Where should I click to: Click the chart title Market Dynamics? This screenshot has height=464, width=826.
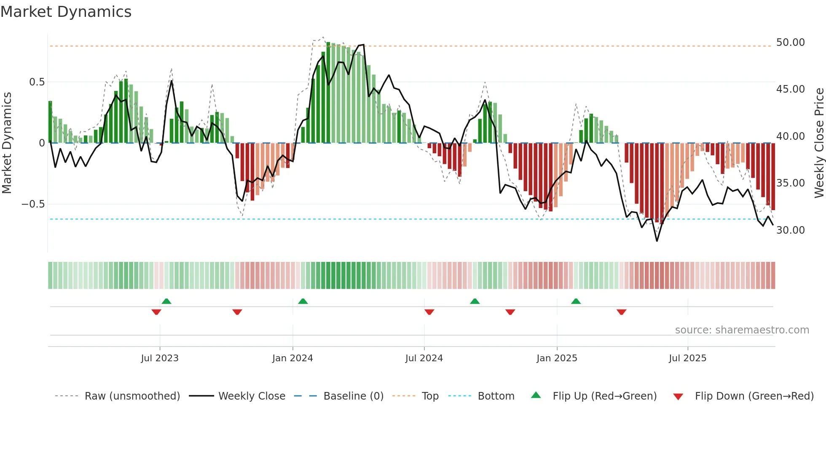click(66, 12)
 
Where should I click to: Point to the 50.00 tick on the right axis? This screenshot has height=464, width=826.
click(790, 43)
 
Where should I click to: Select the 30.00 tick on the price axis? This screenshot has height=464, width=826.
click(790, 230)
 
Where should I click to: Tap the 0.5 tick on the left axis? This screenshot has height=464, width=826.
click(37, 82)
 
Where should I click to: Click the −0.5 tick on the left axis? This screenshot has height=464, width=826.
click(33, 204)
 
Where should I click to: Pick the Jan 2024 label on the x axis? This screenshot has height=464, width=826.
click(292, 358)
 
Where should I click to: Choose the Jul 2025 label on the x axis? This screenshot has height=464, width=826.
click(687, 358)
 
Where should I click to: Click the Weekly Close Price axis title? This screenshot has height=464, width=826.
click(819, 143)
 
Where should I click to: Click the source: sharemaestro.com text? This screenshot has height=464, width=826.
click(742, 330)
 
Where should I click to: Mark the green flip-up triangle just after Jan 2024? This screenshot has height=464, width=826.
click(303, 301)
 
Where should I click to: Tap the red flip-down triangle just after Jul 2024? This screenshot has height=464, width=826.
click(429, 312)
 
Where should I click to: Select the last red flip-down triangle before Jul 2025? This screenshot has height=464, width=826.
click(621, 312)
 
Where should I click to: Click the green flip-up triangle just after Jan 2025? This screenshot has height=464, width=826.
click(576, 301)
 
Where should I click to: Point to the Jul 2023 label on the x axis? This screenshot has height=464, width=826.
click(160, 358)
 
